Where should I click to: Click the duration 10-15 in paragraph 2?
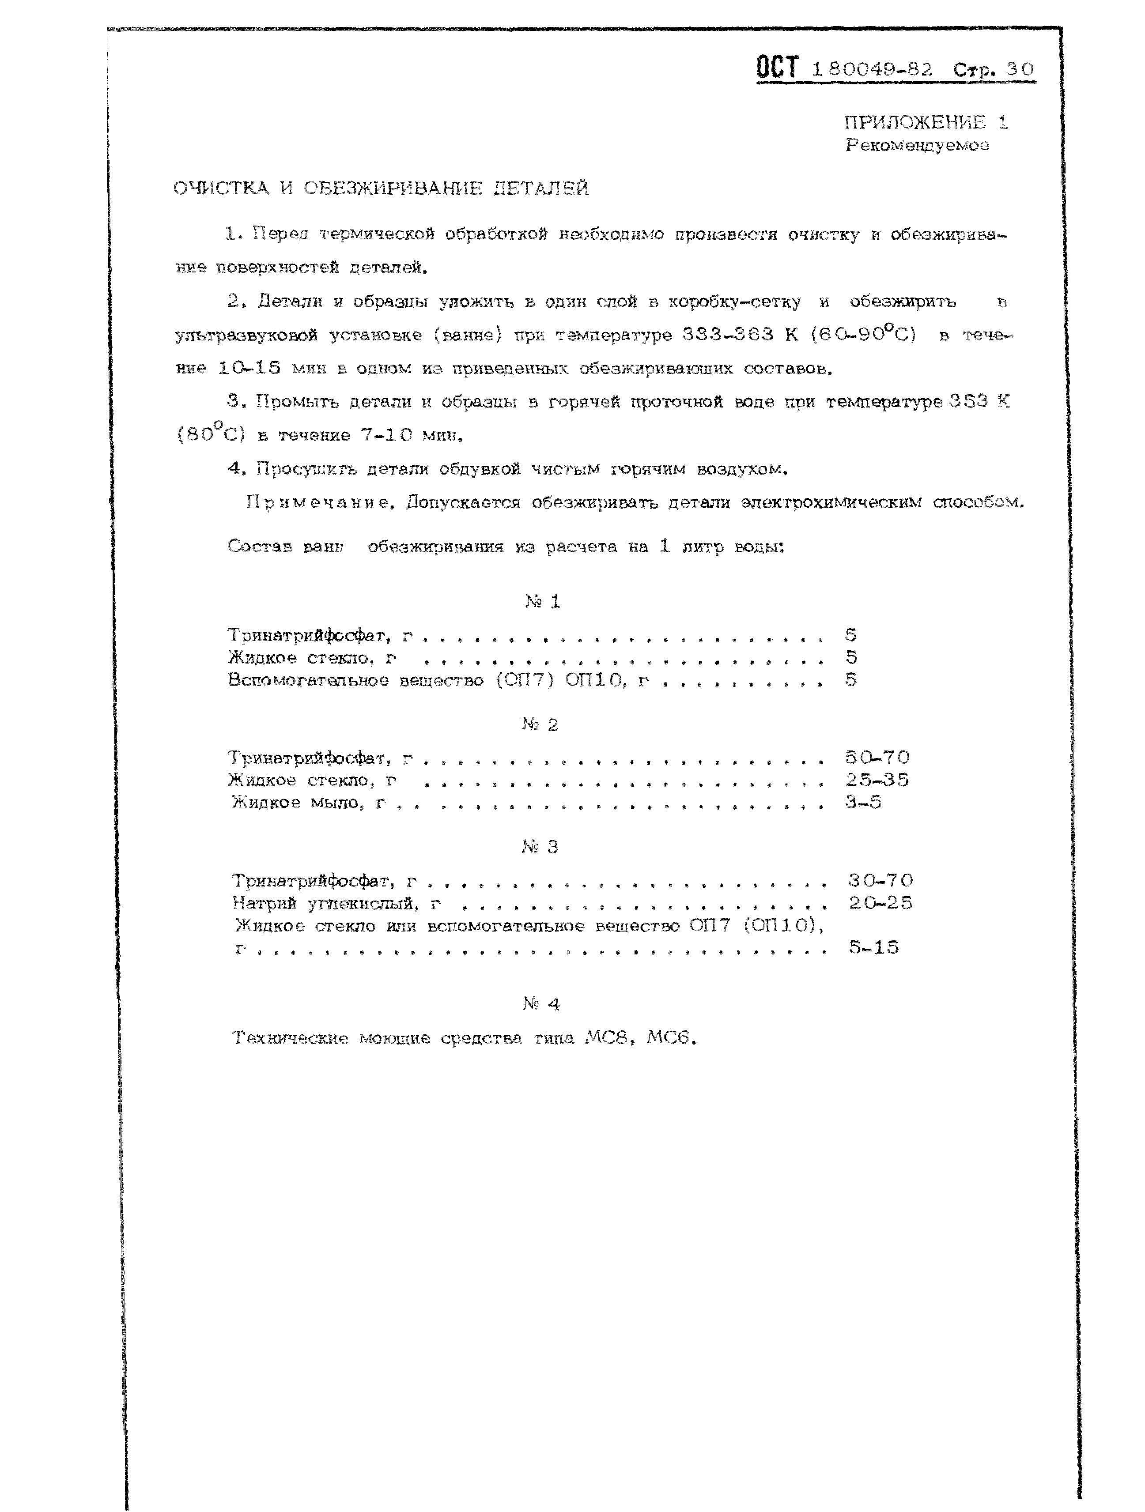click(x=249, y=368)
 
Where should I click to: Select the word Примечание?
click(x=320, y=502)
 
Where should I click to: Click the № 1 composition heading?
click(x=543, y=602)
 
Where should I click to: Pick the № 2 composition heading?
click(x=540, y=724)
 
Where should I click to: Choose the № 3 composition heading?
click(x=540, y=847)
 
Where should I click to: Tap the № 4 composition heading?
click(x=541, y=1003)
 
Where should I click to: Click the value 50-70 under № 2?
click(x=877, y=758)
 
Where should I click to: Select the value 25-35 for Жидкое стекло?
click(x=877, y=780)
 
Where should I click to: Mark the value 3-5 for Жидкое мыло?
click(x=863, y=803)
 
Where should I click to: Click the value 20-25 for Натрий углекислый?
click(x=880, y=903)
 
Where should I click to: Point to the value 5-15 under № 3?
click(x=873, y=947)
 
